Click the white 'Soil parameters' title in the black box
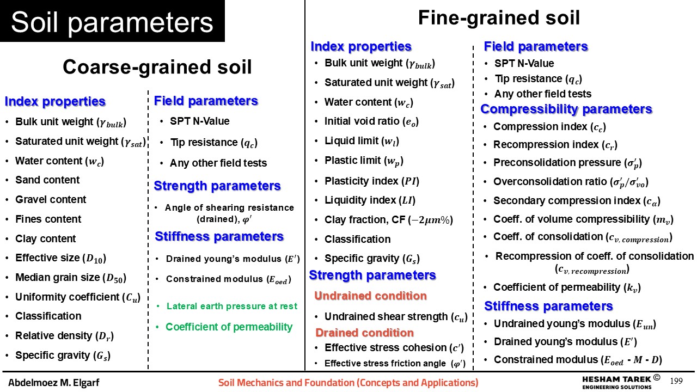point(112,22)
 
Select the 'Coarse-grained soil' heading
point(157,67)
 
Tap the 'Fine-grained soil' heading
point(499,18)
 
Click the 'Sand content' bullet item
point(47,180)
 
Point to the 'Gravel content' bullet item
point(51,199)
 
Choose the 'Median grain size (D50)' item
point(71,278)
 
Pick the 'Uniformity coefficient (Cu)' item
point(78,297)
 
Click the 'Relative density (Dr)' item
point(64,336)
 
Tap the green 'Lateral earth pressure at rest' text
point(232,306)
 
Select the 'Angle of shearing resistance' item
point(229,213)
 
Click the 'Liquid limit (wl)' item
point(362,141)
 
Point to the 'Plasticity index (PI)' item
point(372,181)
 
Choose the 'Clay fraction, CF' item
point(389,220)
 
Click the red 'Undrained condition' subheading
point(370,296)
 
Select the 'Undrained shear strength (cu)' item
point(396,317)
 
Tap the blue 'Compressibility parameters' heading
point(566,109)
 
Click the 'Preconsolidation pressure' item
point(567,163)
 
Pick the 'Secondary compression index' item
point(577,201)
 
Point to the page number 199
point(676,381)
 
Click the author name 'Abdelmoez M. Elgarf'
point(54,383)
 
